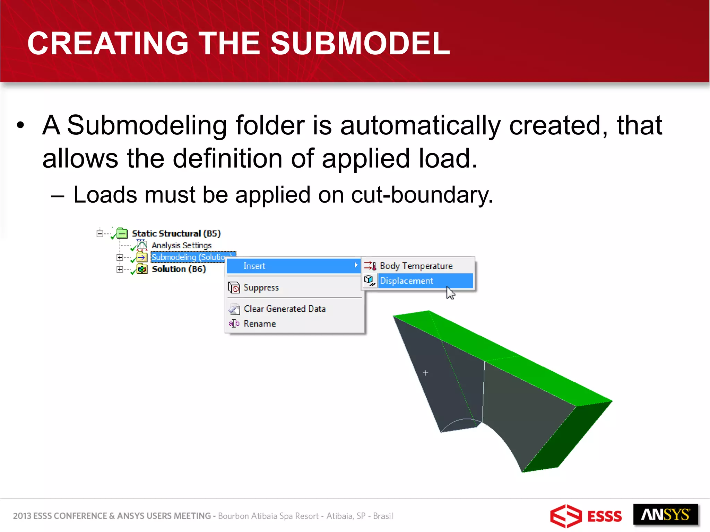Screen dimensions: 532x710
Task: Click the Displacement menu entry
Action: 406,281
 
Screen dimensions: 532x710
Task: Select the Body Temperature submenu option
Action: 416,266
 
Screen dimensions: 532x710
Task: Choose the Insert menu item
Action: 254,266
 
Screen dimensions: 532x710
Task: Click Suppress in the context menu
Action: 261,287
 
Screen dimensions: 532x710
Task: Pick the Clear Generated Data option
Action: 285,309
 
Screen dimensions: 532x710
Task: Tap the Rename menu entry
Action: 260,324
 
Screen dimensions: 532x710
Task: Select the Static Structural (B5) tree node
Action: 176,233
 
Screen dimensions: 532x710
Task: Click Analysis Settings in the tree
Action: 181,246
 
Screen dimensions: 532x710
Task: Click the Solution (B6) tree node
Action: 179,269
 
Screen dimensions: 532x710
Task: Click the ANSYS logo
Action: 665,515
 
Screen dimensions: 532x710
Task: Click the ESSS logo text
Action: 604,516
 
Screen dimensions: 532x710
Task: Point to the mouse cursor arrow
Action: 450,293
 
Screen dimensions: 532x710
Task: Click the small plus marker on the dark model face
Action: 425,373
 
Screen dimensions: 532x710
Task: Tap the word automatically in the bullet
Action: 420,125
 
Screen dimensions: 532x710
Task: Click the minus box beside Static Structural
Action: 100,234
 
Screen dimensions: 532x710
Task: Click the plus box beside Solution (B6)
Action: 120,269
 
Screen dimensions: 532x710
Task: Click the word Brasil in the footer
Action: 383,516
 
